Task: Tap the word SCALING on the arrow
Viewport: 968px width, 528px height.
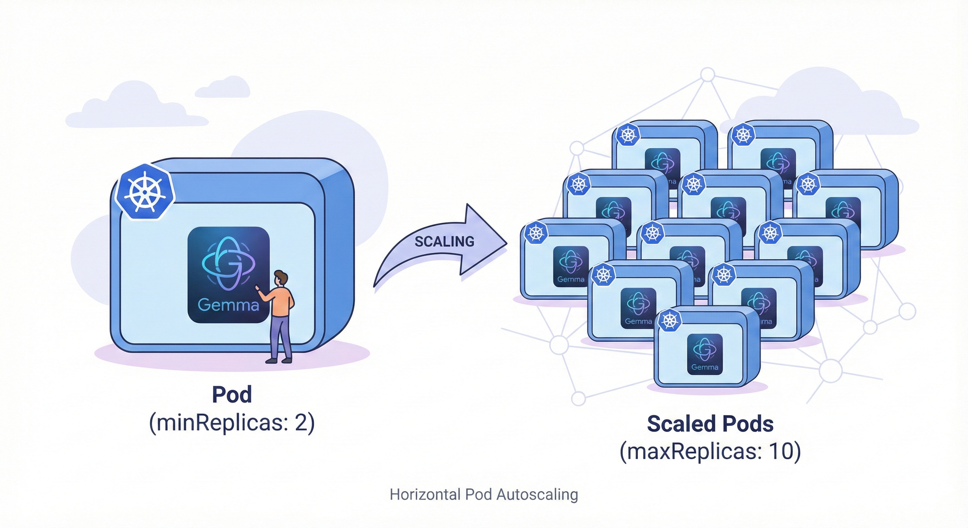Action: click(444, 241)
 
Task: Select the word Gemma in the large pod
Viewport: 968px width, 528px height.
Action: click(228, 305)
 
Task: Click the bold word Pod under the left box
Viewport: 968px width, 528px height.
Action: click(232, 394)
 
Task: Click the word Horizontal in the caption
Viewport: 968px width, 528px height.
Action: click(425, 495)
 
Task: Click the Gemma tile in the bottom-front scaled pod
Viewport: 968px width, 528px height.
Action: click(705, 354)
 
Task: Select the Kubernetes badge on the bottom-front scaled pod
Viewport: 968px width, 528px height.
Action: click(669, 320)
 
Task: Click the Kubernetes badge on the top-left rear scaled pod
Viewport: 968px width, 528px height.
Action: click(628, 135)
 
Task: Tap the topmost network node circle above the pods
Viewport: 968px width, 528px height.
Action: click(708, 75)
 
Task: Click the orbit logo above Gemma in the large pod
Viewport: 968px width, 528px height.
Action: click(228, 264)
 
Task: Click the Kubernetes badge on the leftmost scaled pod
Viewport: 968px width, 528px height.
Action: click(536, 233)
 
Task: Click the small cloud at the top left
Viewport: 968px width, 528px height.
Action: click(223, 88)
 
